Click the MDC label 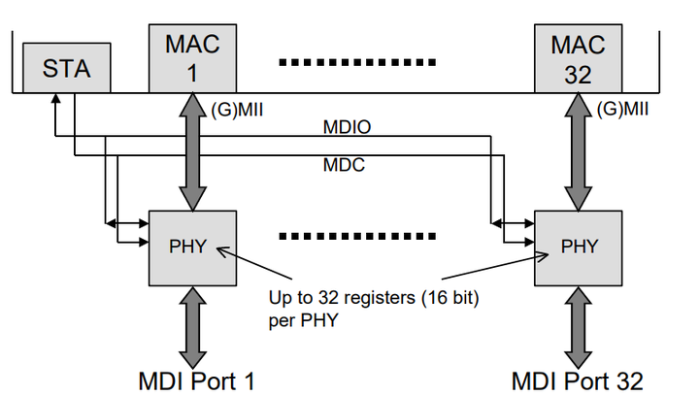tap(342, 166)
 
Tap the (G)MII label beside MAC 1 tap(238, 110)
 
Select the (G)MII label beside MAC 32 tap(623, 110)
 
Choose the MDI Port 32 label tap(578, 379)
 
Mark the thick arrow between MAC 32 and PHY tap(579, 150)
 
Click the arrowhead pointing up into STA tap(55, 99)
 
